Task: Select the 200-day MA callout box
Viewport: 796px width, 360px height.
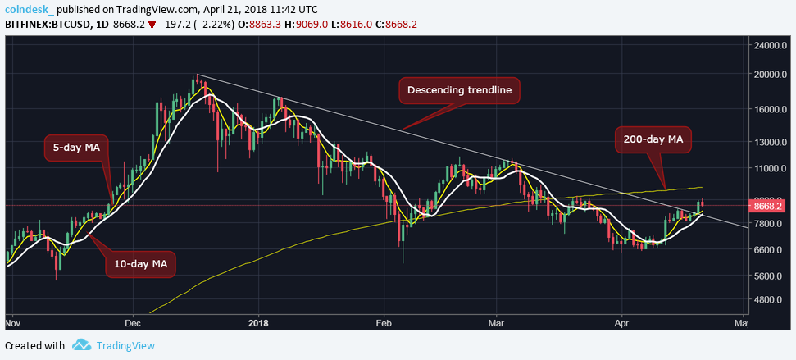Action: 653,142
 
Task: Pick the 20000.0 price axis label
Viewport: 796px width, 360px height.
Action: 771,75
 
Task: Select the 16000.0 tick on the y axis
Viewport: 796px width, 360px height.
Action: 771,110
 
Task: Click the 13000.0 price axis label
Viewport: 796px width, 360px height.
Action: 771,142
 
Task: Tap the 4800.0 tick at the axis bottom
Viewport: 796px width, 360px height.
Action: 771,300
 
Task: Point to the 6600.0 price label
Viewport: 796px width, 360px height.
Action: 771,249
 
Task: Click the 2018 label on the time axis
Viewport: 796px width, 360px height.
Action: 258,321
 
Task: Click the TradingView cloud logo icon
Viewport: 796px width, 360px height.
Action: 80,345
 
